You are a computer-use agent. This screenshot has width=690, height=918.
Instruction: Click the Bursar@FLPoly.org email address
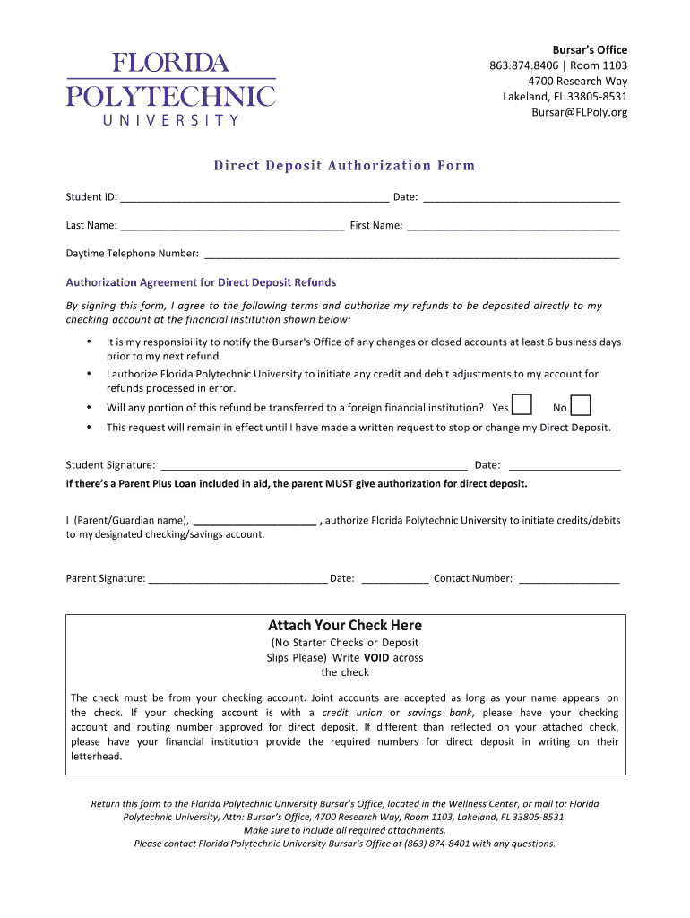tap(579, 112)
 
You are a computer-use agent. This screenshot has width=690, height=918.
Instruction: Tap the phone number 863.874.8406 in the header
tap(522, 65)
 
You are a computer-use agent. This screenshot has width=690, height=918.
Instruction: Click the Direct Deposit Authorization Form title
tap(344, 166)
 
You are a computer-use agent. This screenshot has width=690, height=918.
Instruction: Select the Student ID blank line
tap(254, 198)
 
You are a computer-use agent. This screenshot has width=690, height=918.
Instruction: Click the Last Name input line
tap(232, 227)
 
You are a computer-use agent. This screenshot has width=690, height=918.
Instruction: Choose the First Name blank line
tap(513, 227)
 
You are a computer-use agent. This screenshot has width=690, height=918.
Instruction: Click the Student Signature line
tap(313, 466)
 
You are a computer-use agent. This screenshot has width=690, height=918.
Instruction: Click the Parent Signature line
tap(238, 579)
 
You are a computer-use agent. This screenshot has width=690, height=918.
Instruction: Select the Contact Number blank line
tap(568, 579)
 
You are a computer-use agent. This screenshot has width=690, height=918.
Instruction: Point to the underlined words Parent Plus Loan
tap(158, 484)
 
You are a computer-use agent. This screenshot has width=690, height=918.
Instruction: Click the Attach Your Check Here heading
tap(345, 626)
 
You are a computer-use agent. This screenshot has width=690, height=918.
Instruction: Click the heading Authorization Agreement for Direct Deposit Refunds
tap(201, 283)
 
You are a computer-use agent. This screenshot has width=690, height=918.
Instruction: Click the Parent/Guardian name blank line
tap(254, 521)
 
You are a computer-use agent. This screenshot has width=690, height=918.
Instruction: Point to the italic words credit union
tap(351, 713)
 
